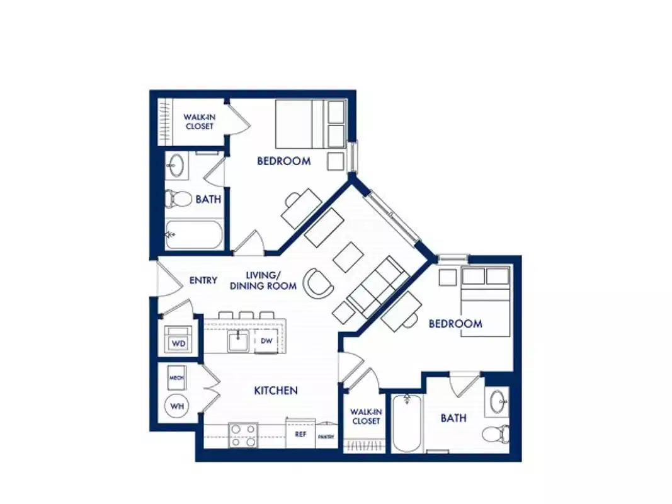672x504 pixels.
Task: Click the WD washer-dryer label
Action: (x=178, y=344)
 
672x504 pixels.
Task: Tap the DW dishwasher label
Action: (x=266, y=341)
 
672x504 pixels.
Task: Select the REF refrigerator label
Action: (x=300, y=434)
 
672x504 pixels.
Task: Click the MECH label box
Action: (x=176, y=378)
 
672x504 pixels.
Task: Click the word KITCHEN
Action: (x=276, y=391)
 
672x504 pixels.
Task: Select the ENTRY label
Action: (x=203, y=280)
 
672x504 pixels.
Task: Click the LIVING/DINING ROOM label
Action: (x=263, y=280)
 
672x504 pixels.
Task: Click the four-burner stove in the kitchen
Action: (x=243, y=435)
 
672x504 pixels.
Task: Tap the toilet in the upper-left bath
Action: (x=177, y=199)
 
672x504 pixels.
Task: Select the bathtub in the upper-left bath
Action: (x=193, y=235)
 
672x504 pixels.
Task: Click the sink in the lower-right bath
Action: (x=498, y=401)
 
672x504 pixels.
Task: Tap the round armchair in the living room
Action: (x=318, y=283)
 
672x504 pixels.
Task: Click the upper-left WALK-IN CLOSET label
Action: (x=198, y=122)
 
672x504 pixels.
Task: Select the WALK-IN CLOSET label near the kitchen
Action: (x=366, y=416)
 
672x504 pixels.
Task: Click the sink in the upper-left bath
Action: (x=176, y=166)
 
